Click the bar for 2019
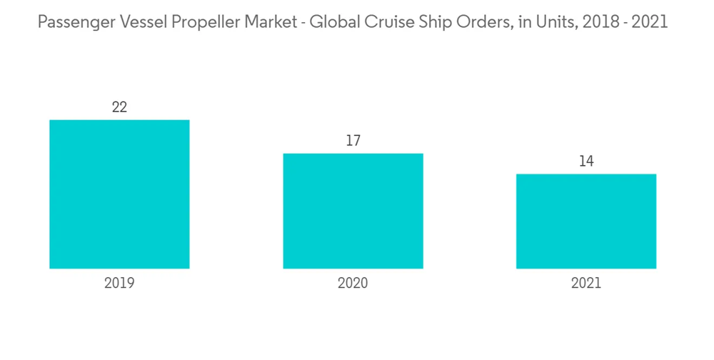click(x=119, y=194)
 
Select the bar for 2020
click(x=353, y=211)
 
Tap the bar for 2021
click(x=586, y=221)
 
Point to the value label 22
click(x=119, y=107)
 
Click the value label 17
click(x=353, y=141)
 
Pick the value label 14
click(x=586, y=161)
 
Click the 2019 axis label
click(x=119, y=283)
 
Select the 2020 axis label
click(x=353, y=283)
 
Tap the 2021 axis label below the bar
click(x=586, y=283)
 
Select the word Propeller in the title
click(x=202, y=22)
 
